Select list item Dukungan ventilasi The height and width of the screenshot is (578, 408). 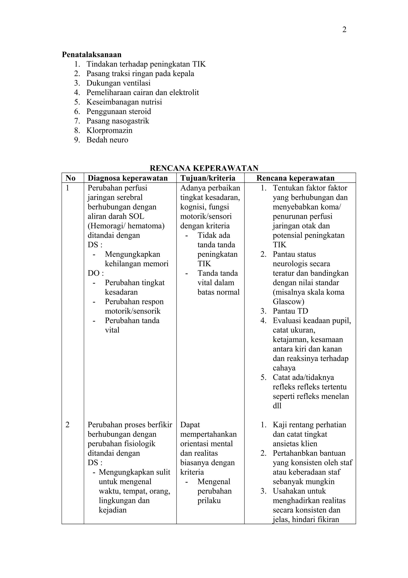[118, 83]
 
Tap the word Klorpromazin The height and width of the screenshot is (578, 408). [109, 130]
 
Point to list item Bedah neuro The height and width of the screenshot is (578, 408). [107, 140]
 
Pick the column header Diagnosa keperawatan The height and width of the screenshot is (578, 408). [127, 178]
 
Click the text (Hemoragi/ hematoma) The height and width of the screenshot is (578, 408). [126, 226]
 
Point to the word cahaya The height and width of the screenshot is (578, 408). [284, 368]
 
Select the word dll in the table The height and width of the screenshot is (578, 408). [277, 406]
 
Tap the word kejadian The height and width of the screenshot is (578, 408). [112, 510]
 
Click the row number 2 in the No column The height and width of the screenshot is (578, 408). [67, 425]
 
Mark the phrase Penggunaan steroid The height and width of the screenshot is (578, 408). [119, 111]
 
